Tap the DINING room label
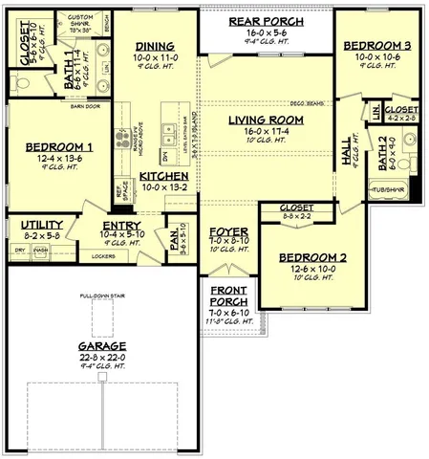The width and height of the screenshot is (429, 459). (154, 46)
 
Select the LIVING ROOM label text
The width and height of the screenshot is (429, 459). (265, 120)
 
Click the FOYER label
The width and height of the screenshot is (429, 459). (228, 231)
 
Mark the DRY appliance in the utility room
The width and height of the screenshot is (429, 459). (19, 250)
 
